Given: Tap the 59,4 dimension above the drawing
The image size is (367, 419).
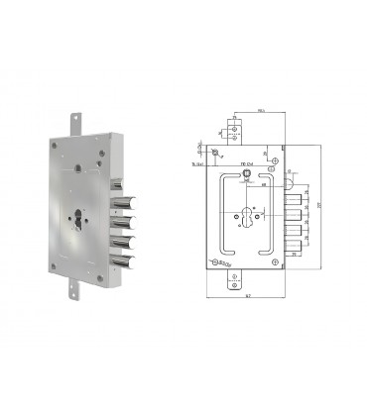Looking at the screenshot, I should (x=260, y=112).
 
